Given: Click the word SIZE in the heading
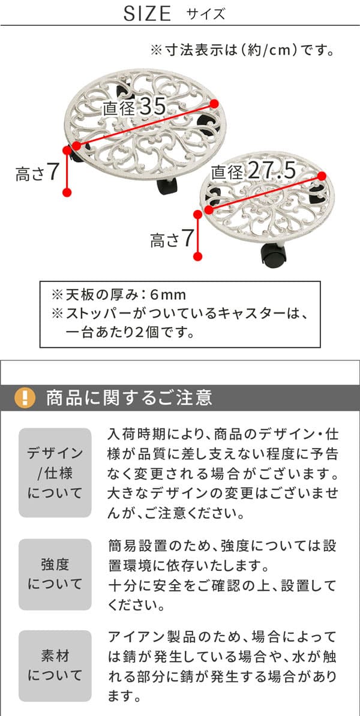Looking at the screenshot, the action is point(147,14).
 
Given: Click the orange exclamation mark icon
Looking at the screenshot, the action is point(25,397).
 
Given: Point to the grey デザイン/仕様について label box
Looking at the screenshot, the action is point(55,473).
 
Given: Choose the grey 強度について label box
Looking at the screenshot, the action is point(55,574).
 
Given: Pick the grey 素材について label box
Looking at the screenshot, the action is point(55,666).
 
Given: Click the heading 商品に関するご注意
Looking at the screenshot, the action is point(129,397).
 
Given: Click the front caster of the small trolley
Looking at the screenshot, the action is point(273,255).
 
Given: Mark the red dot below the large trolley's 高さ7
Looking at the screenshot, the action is point(67,192).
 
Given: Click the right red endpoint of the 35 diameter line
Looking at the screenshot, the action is point(215,104).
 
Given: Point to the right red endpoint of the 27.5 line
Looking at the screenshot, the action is point(322,176).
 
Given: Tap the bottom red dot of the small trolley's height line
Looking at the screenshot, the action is point(198,257).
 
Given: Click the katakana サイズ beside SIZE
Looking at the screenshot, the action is point(206,14).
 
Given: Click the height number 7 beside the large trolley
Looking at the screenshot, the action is point(53,172).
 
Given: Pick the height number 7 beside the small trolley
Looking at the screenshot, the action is point(187,238).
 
